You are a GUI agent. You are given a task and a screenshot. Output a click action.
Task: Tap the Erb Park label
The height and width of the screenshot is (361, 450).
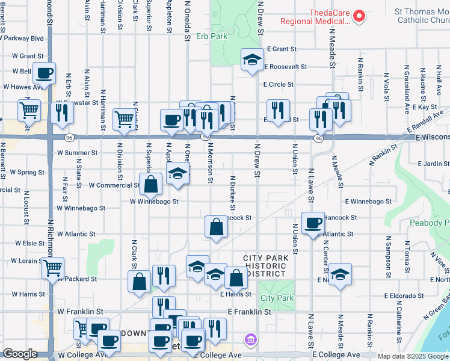coord(211,36)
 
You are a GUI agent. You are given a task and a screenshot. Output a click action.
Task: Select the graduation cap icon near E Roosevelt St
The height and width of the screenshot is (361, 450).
coord(253,59)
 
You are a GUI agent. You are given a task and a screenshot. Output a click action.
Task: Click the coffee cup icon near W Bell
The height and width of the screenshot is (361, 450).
coord(45,73)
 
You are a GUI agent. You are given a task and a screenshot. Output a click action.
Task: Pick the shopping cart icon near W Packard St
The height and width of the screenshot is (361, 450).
coord(52,267)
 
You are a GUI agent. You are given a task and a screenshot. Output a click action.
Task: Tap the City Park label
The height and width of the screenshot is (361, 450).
coord(277,298)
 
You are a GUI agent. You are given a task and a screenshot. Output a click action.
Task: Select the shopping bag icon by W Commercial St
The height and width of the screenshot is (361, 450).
coord(152,184)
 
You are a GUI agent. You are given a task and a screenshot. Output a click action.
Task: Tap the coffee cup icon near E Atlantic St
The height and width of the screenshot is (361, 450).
coord(313,223)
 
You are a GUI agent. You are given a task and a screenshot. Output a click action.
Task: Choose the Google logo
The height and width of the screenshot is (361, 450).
coord(20,354)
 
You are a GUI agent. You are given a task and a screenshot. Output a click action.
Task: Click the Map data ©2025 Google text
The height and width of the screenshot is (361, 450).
coord(413,356)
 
